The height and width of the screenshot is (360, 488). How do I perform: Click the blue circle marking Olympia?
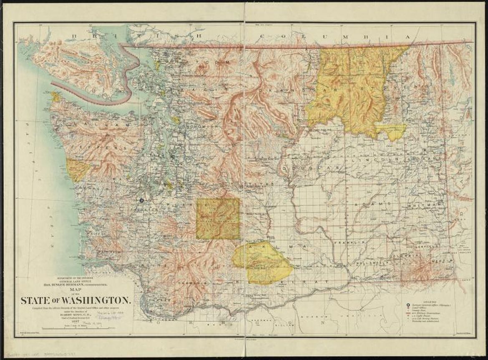(141, 200)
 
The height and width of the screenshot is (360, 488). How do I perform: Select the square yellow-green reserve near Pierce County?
(218, 219)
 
